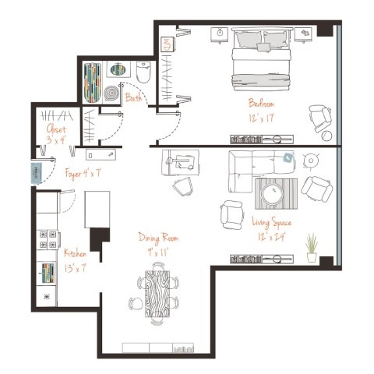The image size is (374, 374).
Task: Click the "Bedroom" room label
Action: (260, 102)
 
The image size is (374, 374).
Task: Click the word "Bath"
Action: (133, 98)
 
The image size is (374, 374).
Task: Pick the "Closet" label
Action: (55, 129)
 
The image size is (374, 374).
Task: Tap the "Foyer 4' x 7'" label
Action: (81, 173)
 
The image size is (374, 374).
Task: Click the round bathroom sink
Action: (118, 70)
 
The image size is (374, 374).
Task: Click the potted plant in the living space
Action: (312, 248)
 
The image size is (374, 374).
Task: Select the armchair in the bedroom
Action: (319, 118)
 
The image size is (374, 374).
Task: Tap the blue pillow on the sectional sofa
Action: (288, 158)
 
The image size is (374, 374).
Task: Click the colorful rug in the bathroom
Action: (92, 80)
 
